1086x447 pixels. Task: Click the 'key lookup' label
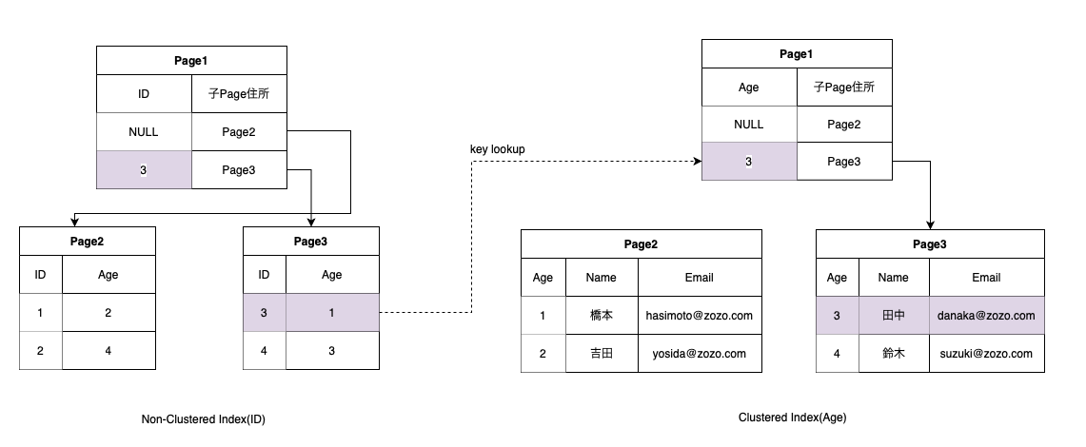[x=497, y=149]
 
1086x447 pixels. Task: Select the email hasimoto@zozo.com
[x=699, y=316]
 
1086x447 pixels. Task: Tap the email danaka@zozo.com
[x=986, y=316]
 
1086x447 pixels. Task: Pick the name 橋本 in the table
[x=602, y=316]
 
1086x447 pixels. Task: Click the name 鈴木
[x=893, y=353]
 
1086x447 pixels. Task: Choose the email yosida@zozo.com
[x=699, y=353]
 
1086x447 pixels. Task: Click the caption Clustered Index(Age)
[x=792, y=418]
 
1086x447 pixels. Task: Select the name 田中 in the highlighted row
[x=893, y=316]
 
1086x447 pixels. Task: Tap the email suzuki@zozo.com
[x=986, y=353]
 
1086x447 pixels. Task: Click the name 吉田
[x=602, y=353]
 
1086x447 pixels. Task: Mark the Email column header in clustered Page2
[x=699, y=278]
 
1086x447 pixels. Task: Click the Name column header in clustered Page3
[x=893, y=278]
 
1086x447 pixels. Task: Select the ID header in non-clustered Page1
[x=144, y=94]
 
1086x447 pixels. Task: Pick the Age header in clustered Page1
[x=749, y=87]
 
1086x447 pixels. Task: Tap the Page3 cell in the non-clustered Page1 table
[x=239, y=170]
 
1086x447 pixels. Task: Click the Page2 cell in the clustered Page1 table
[x=844, y=124]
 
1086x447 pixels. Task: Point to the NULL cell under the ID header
[x=144, y=132]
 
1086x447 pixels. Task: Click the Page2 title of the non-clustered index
[x=88, y=242]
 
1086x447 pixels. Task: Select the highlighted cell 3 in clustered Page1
[x=749, y=162]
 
